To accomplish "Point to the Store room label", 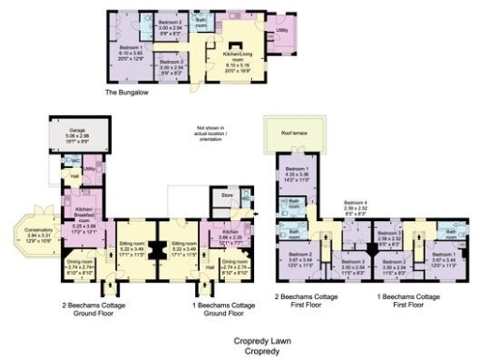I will tap(224, 195).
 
